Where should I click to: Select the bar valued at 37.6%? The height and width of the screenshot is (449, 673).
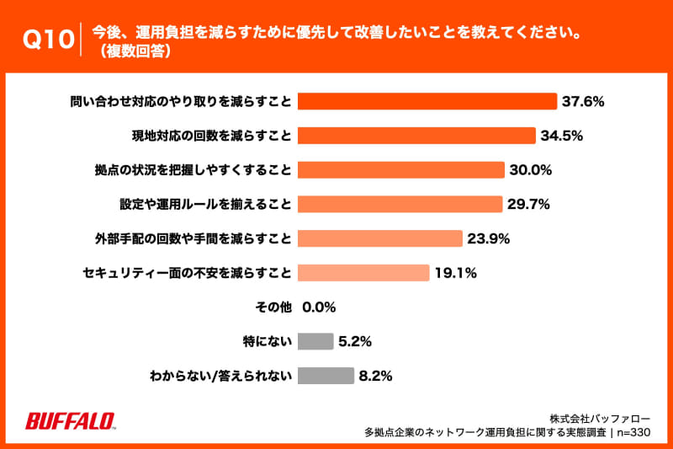pyautogui.click(x=427, y=101)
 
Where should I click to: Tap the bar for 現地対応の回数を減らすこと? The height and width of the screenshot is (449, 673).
pyautogui.click(x=416, y=136)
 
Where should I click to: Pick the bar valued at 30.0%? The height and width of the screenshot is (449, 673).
pyautogui.click(x=400, y=170)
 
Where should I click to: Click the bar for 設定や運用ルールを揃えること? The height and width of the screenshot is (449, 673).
pyautogui.click(x=400, y=204)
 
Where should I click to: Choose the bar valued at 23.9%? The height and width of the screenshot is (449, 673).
pyautogui.click(x=379, y=238)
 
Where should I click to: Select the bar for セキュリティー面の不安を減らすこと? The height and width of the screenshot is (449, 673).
pyautogui.click(x=363, y=273)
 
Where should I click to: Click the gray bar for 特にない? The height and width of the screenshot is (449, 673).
pyautogui.click(x=315, y=341)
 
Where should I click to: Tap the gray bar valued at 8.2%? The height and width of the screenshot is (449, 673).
pyautogui.click(x=326, y=376)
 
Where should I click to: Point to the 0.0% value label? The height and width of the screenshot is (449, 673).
pyautogui.click(x=320, y=307)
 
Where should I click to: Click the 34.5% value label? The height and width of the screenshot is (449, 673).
pyautogui.click(x=562, y=136)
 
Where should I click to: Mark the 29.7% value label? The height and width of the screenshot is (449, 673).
pyautogui.click(x=529, y=204)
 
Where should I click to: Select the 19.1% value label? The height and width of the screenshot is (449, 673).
pyautogui.click(x=456, y=273)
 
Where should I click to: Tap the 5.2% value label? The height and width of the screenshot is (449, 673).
pyautogui.click(x=354, y=341)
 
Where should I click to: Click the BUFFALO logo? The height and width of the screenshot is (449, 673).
pyautogui.click(x=71, y=420)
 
